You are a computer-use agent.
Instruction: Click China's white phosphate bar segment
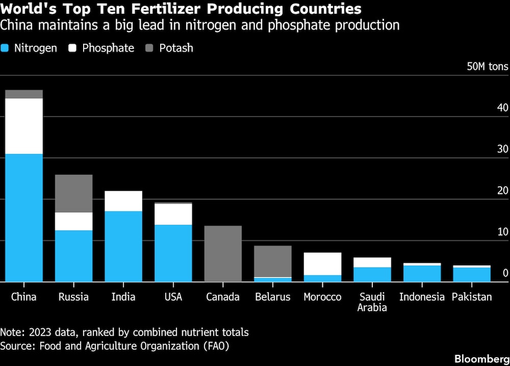23,126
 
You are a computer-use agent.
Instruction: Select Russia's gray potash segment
73,193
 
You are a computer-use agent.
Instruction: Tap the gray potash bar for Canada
223,254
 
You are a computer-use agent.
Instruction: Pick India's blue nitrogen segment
123,246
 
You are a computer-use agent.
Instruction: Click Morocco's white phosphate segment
322,264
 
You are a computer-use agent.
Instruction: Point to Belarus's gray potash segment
272,261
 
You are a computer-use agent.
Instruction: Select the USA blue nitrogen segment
173,253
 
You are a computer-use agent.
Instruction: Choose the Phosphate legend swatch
72,48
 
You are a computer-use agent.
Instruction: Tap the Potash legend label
176,48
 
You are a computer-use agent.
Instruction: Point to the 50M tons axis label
488,67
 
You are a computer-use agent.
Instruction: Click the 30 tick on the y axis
502,149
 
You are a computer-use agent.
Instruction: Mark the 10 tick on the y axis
502,232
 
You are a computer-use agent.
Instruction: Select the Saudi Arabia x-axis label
372,302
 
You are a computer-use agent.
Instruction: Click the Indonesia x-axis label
422,297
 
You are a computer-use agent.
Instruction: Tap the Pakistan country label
472,297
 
